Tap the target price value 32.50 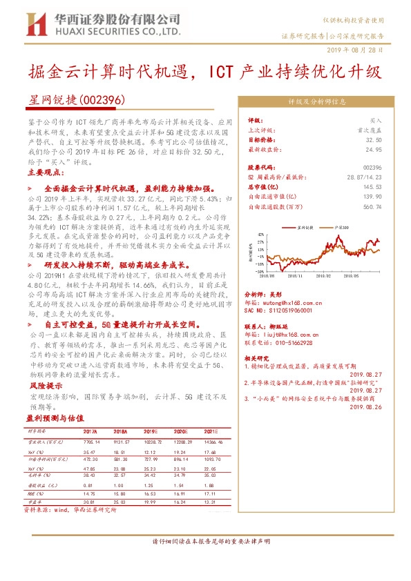(373, 139)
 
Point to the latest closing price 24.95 (373, 148)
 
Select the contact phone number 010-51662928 (298, 342)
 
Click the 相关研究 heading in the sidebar (259, 357)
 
